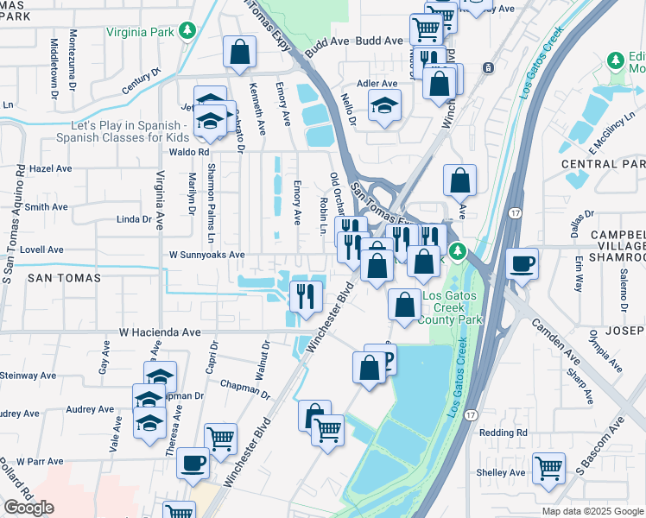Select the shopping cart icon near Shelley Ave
[548, 467]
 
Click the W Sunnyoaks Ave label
[206, 256]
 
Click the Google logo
[28, 508]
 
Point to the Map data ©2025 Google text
[592, 511]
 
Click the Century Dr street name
[142, 84]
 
